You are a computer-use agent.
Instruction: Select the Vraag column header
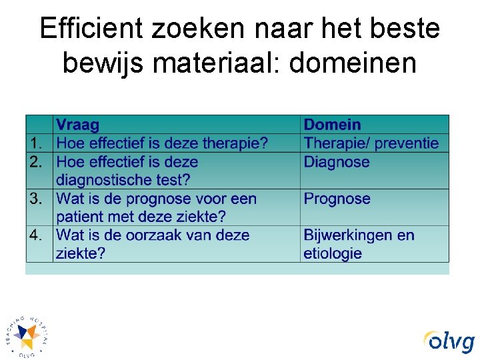coord(77,125)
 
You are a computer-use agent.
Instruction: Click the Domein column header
coord(332,125)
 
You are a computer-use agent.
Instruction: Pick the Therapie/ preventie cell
coord(371,143)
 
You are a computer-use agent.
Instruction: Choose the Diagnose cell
coord(336,161)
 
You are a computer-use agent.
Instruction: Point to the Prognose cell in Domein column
coord(337,199)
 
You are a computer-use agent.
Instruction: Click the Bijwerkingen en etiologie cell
coord(359,244)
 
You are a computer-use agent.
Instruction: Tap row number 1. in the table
coord(39,143)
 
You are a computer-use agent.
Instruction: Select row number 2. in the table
coord(39,161)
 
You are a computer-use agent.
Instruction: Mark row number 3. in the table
coord(39,199)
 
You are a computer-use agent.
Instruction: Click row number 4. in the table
coord(39,235)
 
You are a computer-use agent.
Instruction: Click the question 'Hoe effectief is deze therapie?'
coord(162,143)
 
